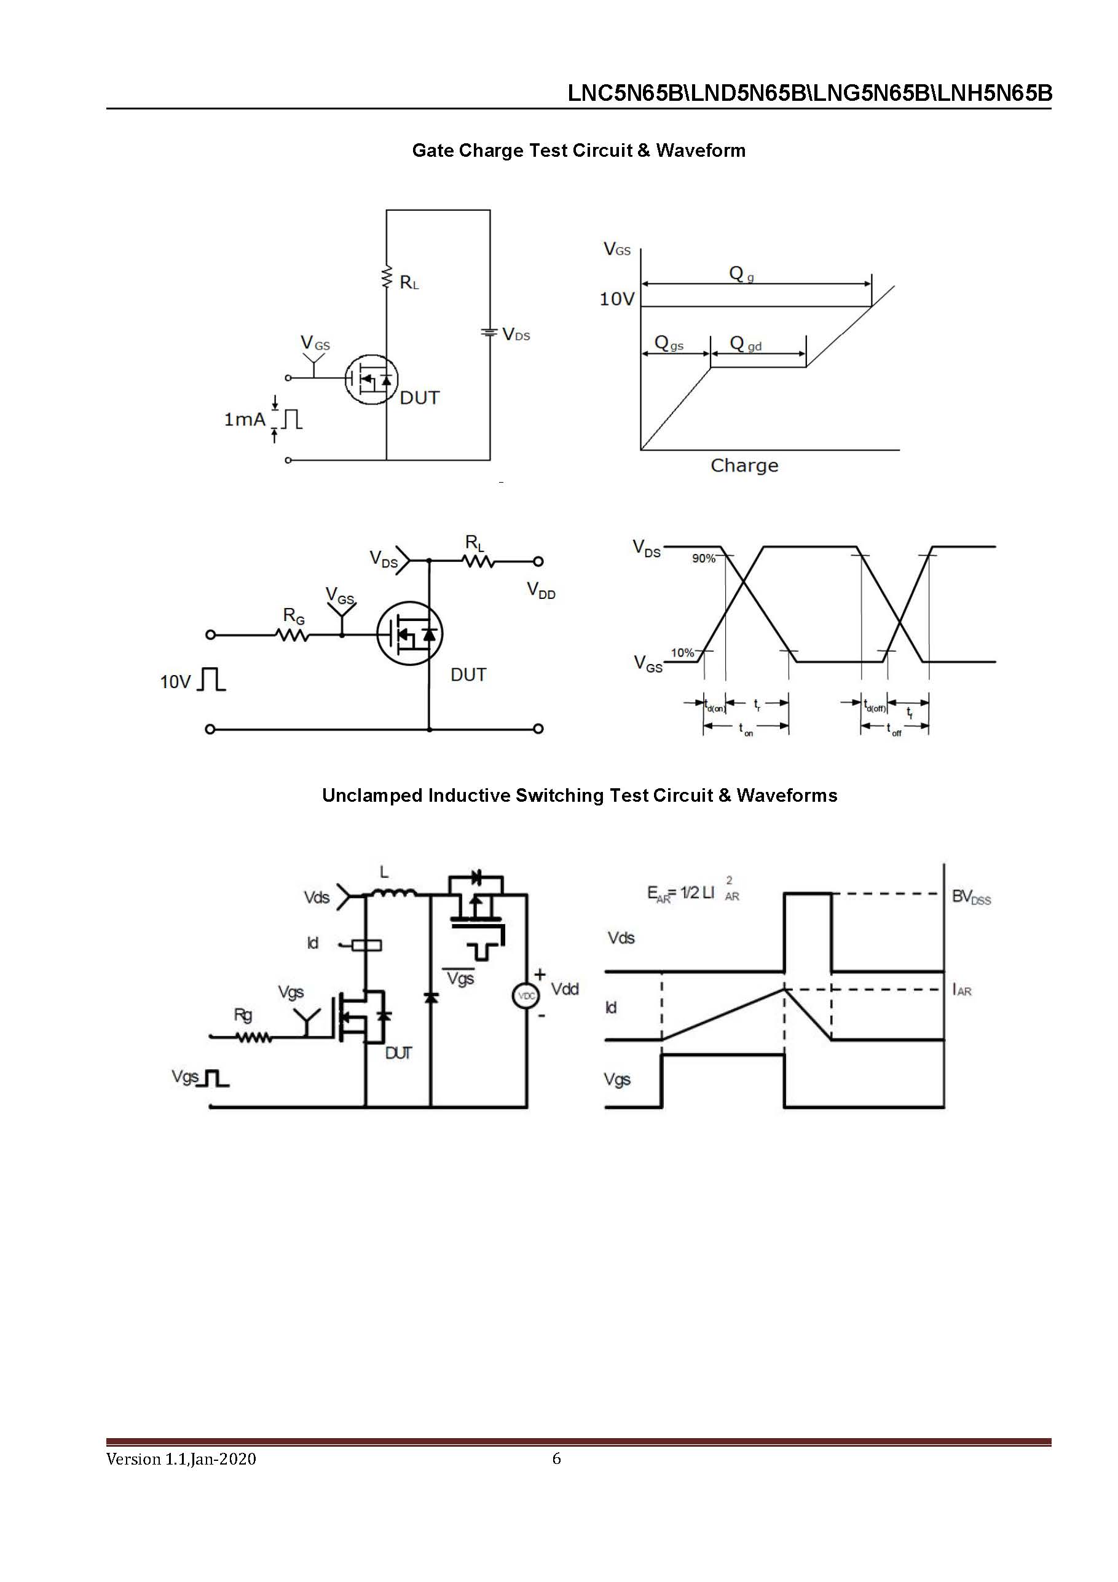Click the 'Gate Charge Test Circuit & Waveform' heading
(578, 150)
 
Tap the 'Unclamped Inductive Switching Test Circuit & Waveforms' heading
(580, 795)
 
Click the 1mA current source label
(244, 419)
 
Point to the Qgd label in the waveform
(746, 343)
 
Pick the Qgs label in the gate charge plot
(668, 343)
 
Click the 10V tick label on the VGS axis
(616, 299)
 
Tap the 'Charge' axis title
(744, 466)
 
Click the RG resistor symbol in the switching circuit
(293, 635)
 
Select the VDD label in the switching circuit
(541, 590)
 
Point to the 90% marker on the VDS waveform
(703, 558)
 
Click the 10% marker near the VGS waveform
(682, 652)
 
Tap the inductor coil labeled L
(393, 893)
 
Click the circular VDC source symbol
(526, 996)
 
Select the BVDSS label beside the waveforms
(970, 897)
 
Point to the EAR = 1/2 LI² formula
(691, 893)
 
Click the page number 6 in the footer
(557, 1458)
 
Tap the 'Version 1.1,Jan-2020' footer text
(181, 1458)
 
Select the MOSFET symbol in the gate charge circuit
(371, 379)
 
